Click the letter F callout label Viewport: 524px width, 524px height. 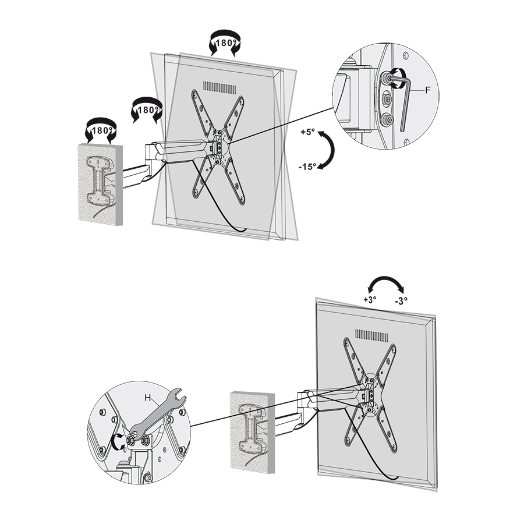click(427, 90)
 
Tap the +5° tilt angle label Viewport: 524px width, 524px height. click(307, 132)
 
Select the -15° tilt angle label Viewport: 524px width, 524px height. click(307, 167)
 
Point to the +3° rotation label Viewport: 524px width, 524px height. click(370, 299)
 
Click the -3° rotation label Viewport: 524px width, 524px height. click(401, 301)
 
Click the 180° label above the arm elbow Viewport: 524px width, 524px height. click(148, 110)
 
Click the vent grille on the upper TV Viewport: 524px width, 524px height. click(219, 87)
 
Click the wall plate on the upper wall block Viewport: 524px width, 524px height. click(99, 180)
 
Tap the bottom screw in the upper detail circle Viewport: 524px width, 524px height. click(388, 119)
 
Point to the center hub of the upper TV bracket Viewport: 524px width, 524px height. click(219, 147)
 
